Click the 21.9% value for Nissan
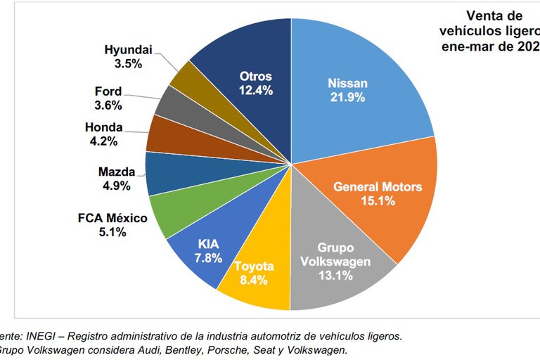coord(347,98)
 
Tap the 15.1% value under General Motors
coord(378,201)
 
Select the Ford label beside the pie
coord(108,91)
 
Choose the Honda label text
coord(104,127)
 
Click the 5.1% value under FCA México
coord(112,232)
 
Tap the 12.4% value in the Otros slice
coord(255,90)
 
